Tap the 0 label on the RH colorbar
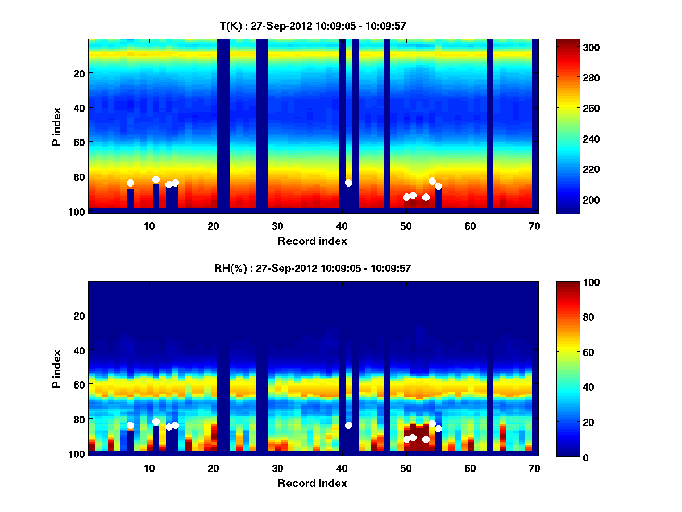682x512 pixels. (567, 457)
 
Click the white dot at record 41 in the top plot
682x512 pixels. (348, 183)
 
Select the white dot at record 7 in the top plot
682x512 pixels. (130, 183)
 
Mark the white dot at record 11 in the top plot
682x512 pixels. (156, 179)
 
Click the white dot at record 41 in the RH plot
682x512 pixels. (348, 425)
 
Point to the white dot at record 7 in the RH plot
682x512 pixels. (130, 425)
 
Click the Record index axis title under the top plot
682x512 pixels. (313, 241)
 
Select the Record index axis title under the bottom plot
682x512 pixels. (313, 483)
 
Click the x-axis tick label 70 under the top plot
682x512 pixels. (534, 226)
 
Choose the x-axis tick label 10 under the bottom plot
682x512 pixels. (149, 468)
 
